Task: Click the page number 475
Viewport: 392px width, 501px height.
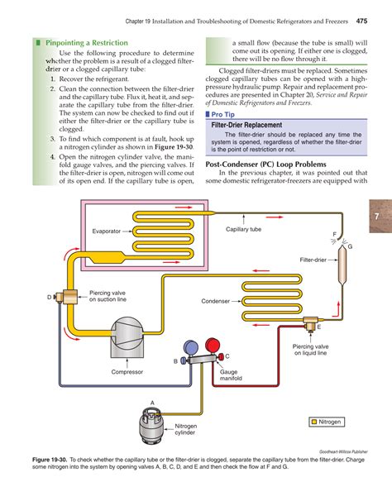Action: (362, 20)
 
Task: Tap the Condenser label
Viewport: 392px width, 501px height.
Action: (215, 301)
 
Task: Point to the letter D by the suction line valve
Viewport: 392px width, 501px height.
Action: (49, 296)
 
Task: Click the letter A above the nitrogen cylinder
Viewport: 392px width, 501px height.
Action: (151, 402)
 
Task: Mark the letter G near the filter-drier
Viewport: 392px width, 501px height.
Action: (350, 247)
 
